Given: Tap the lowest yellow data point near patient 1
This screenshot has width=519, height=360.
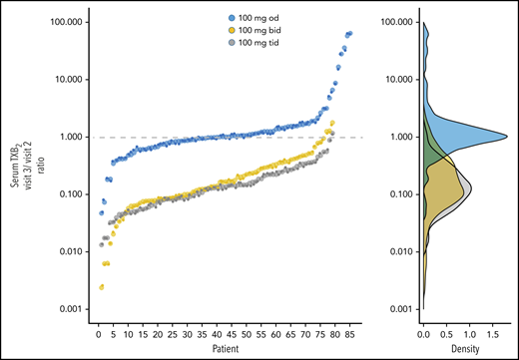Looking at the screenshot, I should (x=101, y=287).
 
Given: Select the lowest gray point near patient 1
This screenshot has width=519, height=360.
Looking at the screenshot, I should (x=101, y=244).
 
